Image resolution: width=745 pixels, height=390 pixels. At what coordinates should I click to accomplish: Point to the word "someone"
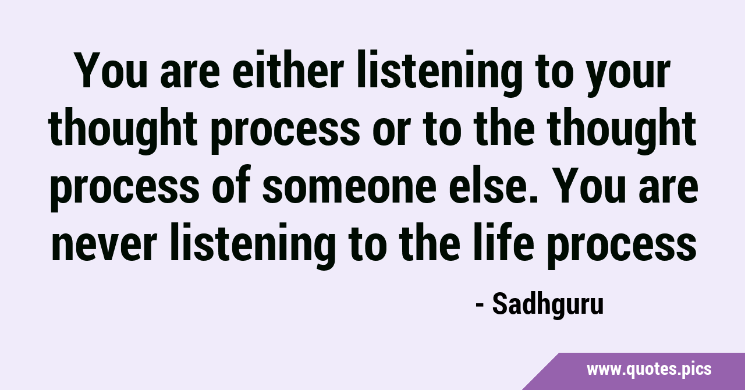[349, 189]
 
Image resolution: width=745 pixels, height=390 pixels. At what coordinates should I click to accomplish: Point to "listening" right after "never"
[253, 246]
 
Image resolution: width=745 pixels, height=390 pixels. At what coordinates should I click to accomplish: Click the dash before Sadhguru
[480, 306]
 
